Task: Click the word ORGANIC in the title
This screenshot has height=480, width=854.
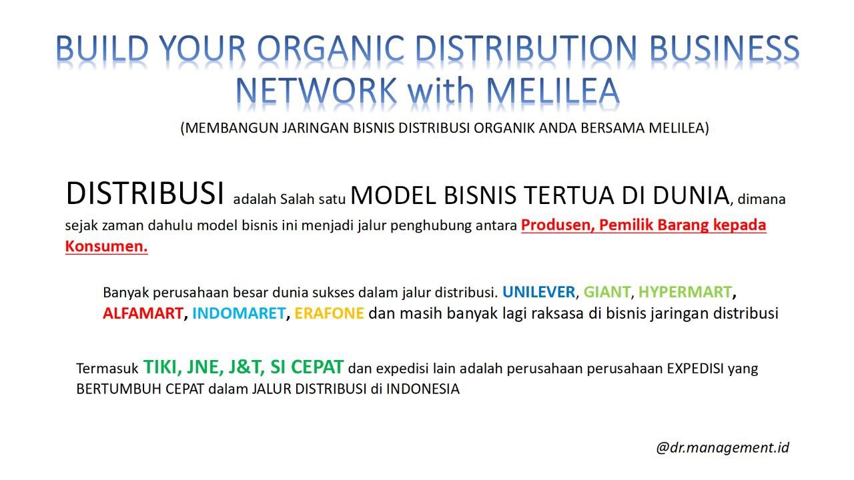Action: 330,48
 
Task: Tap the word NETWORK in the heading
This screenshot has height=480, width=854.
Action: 316,91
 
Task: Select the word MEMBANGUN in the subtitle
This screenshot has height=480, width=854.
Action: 232,128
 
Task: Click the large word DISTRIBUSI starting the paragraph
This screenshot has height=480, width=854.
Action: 145,193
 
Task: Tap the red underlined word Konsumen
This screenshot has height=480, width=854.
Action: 106,247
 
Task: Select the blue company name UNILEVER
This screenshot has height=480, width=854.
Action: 538,292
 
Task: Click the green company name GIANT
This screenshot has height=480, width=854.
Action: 606,292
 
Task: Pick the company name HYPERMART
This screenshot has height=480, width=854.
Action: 685,292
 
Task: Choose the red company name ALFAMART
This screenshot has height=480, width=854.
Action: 143,313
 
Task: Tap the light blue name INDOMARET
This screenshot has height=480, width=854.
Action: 239,313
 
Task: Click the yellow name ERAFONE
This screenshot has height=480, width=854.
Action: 330,313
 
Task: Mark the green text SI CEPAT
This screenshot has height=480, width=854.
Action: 307,367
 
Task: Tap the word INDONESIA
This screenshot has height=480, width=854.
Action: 423,389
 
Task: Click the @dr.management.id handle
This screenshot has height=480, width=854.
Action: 723,447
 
